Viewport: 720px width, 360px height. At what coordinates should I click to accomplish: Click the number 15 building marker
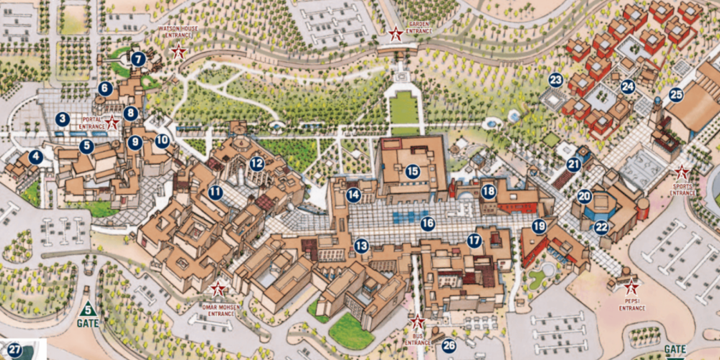tap(412, 171)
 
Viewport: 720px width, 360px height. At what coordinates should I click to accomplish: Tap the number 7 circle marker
tap(138, 59)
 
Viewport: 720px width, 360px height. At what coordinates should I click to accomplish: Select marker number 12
tap(256, 163)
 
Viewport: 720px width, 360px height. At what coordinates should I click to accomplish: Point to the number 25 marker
tap(676, 95)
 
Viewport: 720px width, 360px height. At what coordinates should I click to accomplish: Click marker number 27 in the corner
tap(14, 350)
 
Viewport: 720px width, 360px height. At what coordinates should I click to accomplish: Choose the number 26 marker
tap(449, 346)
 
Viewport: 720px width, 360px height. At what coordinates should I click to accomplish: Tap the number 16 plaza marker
tap(427, 223)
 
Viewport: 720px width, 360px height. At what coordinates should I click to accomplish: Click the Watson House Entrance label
tap(178, 31)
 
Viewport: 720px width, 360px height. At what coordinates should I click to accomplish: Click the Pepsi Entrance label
tap(632, 305)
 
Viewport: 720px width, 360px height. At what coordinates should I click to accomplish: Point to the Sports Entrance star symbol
tap(682, 171)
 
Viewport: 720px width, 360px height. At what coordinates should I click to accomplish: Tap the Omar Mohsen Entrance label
tap(221, 310)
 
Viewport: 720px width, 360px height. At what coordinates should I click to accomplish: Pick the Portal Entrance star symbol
tap(112, 122)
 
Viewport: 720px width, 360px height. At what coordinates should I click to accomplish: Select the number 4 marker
tap(35, 157)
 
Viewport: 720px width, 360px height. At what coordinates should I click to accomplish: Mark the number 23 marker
tap(556, 81)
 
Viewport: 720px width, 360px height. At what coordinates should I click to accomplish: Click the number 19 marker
tap(539, 226)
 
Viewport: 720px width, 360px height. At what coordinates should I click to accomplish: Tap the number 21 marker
tap(573, 165)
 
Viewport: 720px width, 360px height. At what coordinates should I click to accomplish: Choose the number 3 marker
tap(62, 119)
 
